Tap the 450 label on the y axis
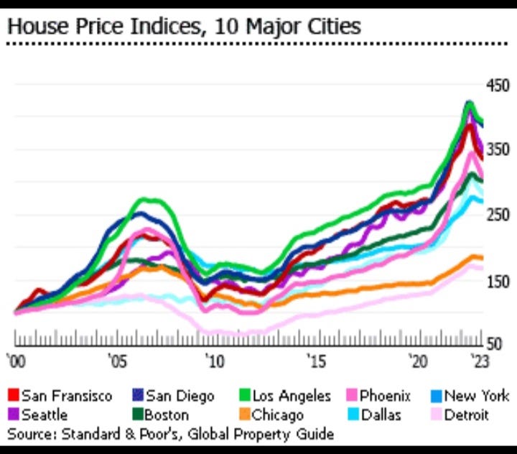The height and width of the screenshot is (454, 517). [497, 86]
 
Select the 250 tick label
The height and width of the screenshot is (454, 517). [497, 216]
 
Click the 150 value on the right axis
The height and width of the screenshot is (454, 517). [497, 281]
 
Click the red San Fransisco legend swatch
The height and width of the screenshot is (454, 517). [13, 395]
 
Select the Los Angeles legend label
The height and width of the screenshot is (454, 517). [292, 396]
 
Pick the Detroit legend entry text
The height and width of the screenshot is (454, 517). [467, 414]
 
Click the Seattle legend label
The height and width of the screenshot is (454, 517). [45, 414]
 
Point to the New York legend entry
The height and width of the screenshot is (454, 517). [476, 396]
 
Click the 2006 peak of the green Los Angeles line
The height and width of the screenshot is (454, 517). [147, 200]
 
